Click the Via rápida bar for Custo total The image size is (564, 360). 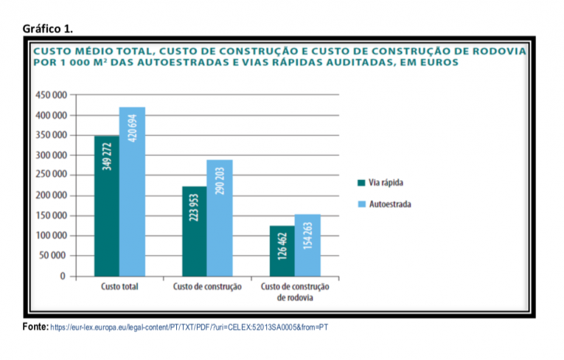point(106,207)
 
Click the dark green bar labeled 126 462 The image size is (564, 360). point(282,251)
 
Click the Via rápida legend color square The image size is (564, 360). point(361,183)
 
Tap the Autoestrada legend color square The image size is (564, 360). point(361,204)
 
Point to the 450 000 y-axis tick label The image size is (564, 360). point(51,95)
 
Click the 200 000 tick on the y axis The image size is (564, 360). point(51,195)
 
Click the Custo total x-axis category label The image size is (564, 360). point(119,286)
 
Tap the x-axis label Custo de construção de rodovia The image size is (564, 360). point(295,291)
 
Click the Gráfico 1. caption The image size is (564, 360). point(48,29)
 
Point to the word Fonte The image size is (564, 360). point(35,326)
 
